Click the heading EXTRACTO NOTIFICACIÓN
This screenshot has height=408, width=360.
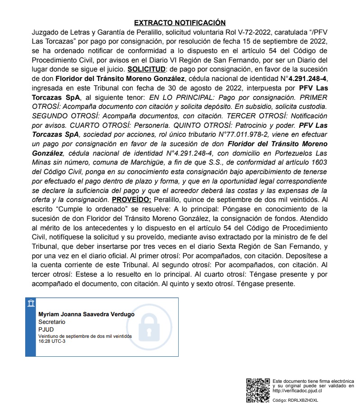[x=180, y=22]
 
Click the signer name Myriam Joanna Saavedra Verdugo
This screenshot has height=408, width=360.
[x=86, y=314]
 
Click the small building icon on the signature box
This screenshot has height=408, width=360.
[x=31, y=303]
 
